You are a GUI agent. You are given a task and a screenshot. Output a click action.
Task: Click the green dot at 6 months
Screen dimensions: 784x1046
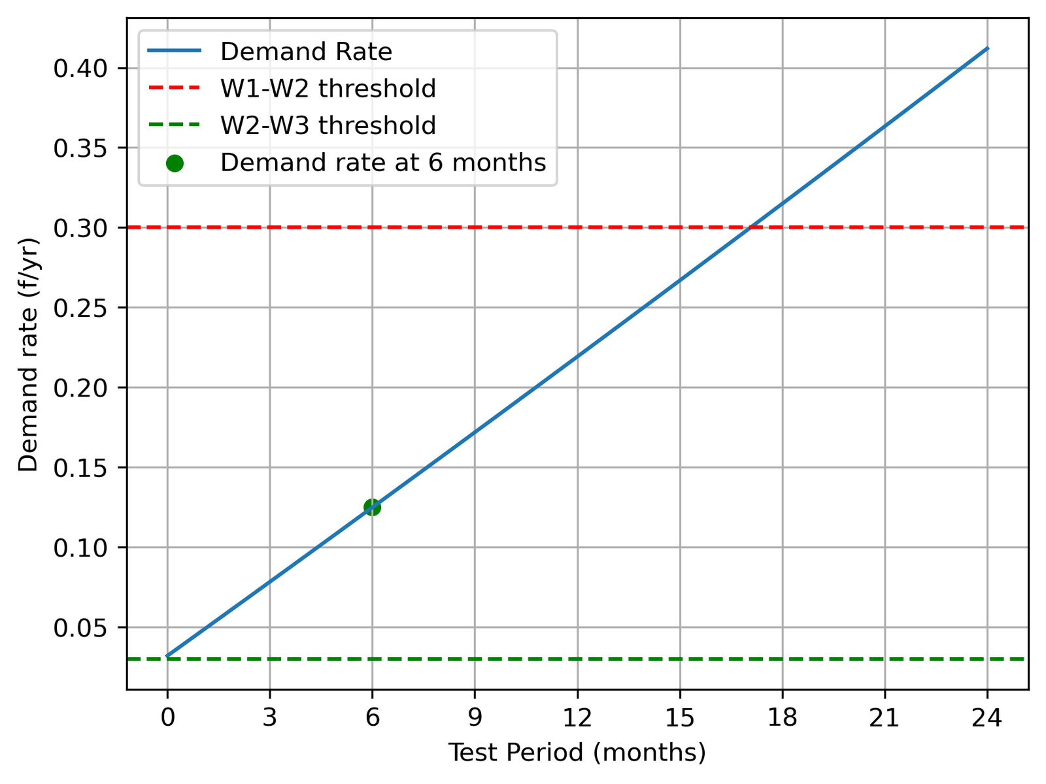372,507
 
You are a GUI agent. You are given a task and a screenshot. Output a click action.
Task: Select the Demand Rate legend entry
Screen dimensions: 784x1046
306,52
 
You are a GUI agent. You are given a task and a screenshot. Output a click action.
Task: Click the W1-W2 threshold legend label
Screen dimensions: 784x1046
328,88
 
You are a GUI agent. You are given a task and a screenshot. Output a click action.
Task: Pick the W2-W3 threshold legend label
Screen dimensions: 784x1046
328,125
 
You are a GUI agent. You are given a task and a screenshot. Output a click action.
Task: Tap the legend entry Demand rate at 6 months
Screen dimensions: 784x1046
382,162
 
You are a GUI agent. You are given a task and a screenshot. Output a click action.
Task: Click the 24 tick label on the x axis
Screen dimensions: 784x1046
987,718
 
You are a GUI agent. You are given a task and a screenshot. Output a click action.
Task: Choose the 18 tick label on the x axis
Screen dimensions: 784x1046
782,718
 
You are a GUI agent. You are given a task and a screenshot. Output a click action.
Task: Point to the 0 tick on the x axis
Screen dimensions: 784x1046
167,718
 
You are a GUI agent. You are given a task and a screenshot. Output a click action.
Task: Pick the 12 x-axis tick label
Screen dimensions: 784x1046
577,718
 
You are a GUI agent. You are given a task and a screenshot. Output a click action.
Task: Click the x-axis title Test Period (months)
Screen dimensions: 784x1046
577,753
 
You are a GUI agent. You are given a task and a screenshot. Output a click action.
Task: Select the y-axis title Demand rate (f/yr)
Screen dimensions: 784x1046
28,354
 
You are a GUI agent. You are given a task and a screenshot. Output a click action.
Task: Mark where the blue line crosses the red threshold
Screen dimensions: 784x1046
752,227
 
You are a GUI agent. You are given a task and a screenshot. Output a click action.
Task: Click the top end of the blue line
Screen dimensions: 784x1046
987,48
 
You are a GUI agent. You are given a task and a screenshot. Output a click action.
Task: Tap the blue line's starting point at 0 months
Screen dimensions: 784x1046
167,655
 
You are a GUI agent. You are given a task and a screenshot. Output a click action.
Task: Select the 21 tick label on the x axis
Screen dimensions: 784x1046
885,718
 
